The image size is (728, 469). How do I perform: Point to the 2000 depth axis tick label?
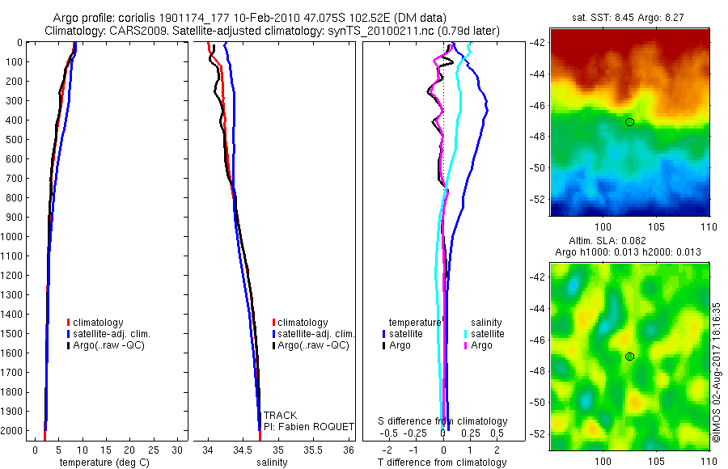[x=11, y=432]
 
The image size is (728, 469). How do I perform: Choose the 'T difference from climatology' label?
[x=443, y=463]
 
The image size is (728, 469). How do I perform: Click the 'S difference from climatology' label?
[x=443, y=421]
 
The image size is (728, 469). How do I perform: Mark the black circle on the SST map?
[x=629, y=122]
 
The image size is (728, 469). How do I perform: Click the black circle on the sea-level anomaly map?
[x=629, y=357]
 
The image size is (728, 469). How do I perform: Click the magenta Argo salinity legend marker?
[x=466, y=345]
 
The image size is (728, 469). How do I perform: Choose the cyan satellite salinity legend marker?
[x=466, y=333]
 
